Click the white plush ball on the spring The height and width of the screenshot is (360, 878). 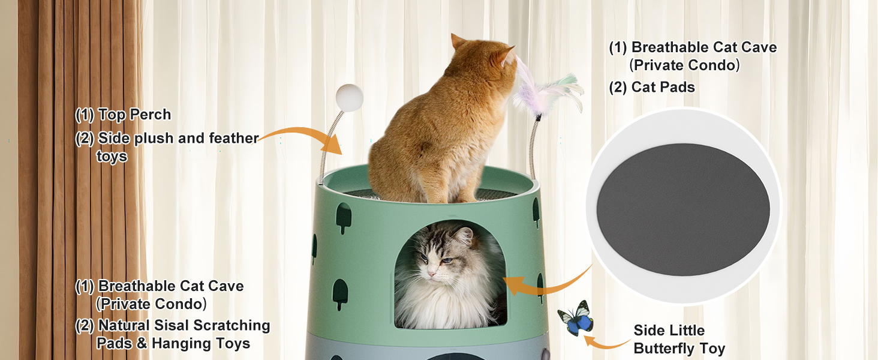pyautogui.click(x=349, y=98)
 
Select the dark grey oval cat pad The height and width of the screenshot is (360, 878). pyautogui.click(x=683, y=209)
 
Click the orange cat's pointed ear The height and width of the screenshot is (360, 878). pyautogui.click(x=457, y=41)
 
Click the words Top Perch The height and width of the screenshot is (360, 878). pyautogui.click(x=134, y=115)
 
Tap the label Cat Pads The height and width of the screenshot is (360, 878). pyautogui.click(x=663, y=87)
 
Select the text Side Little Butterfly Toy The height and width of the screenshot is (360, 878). pyautogui.click(x=679, y=339)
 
